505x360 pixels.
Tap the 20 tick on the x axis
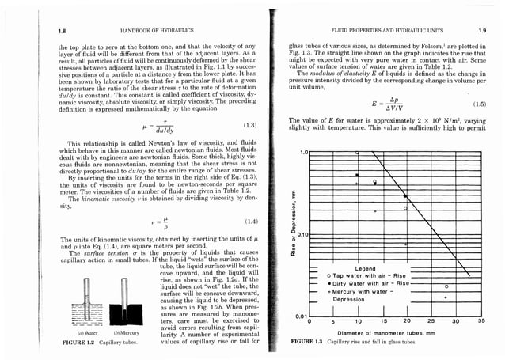tap(406, 322)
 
